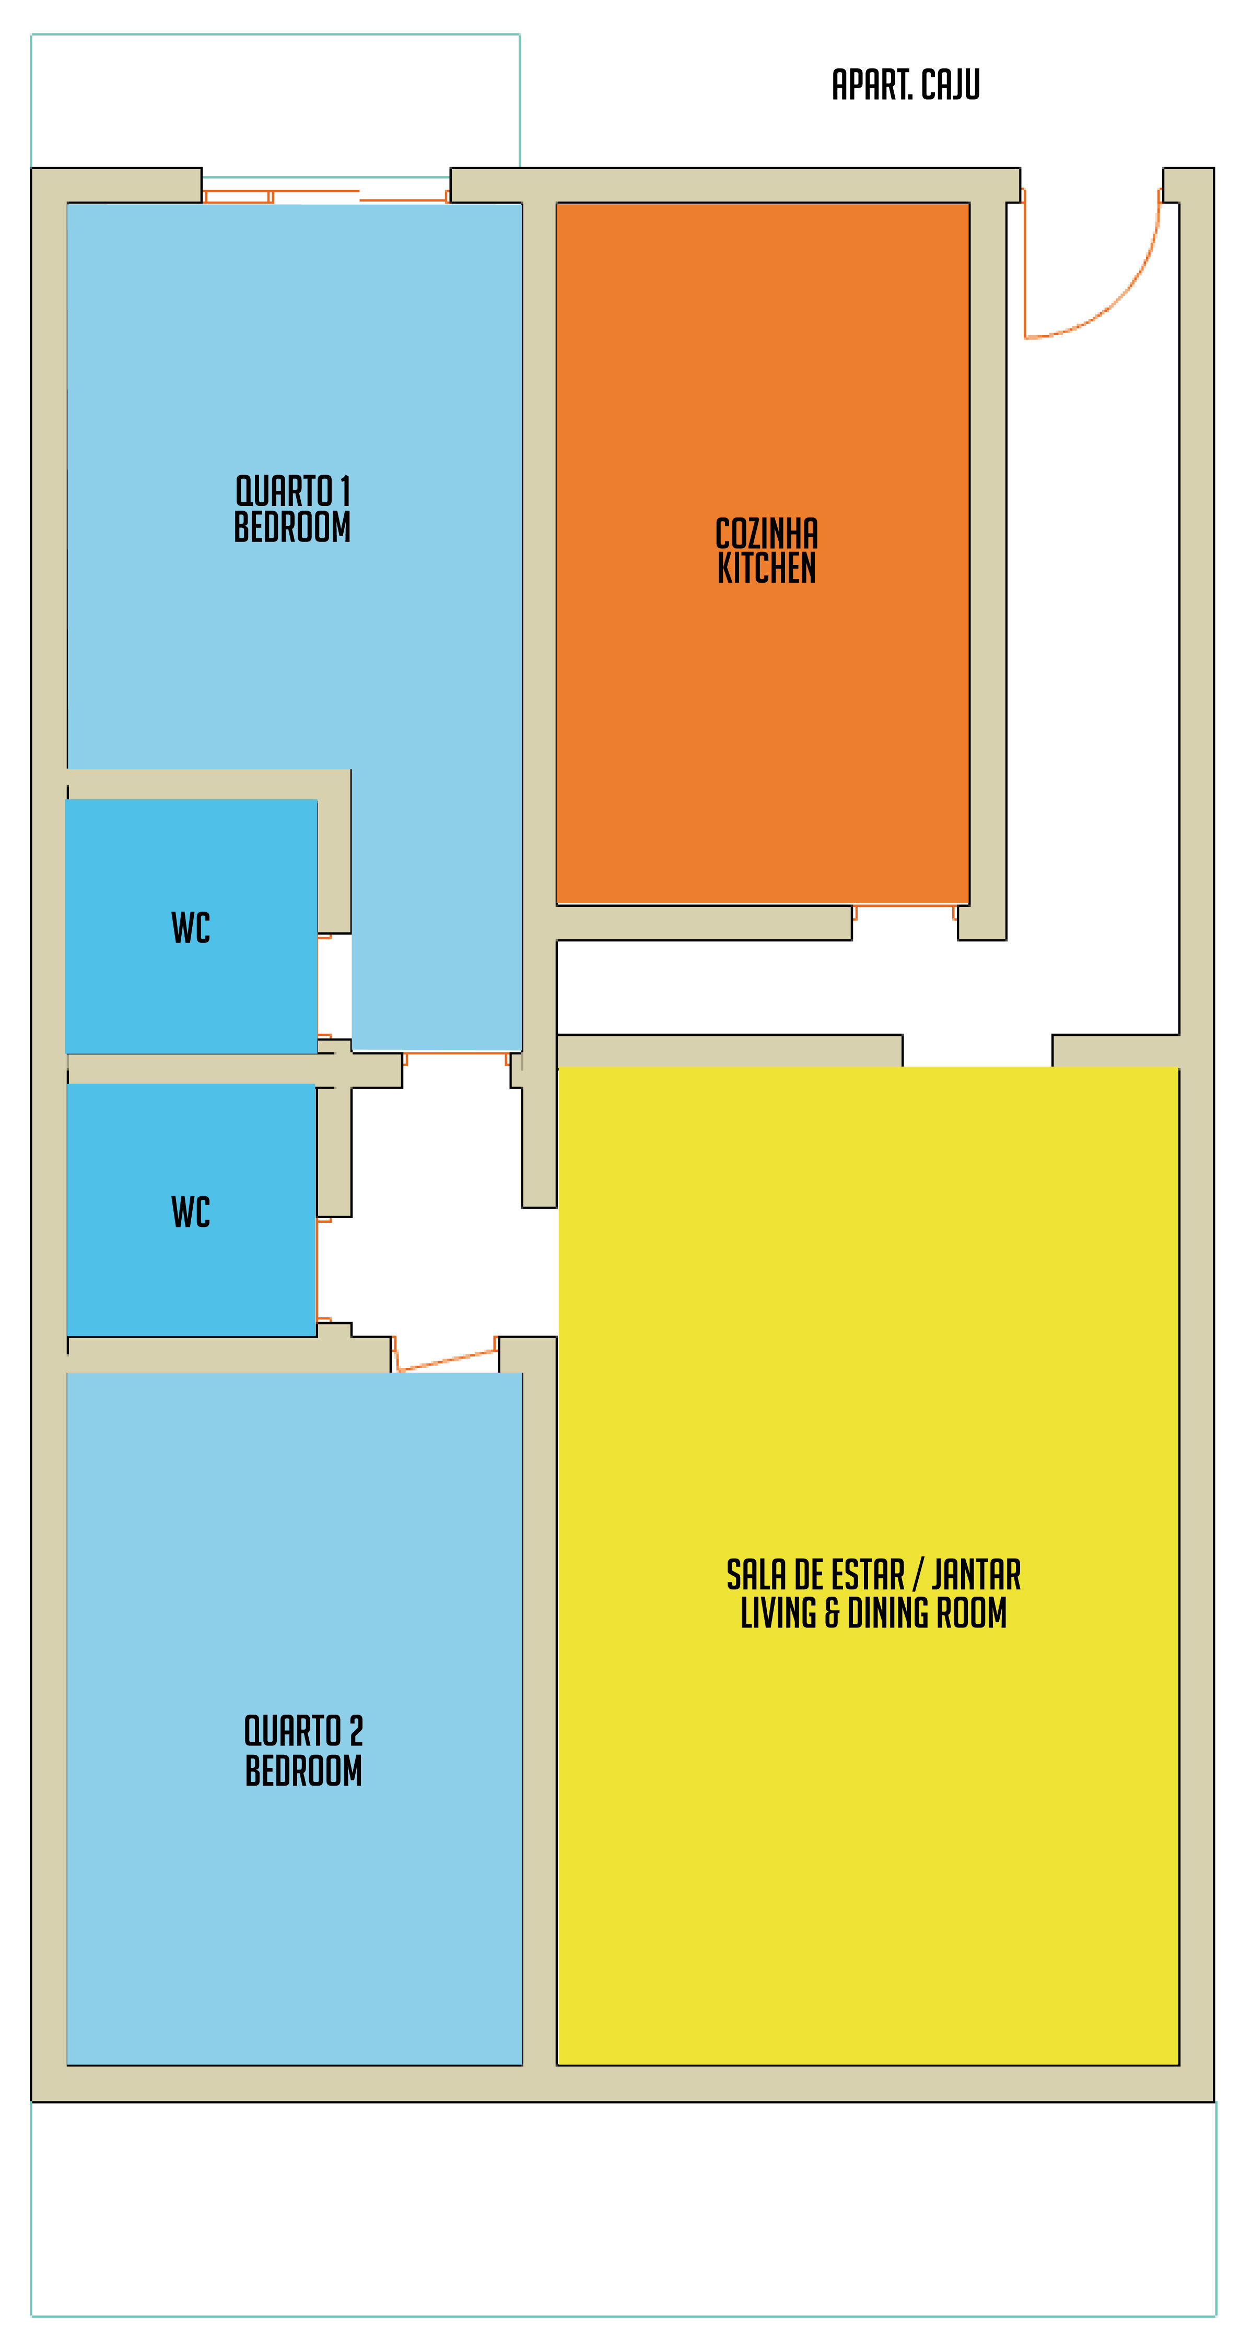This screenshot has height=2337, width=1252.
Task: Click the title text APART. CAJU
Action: (905, 85)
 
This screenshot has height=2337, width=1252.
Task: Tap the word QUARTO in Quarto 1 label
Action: (283, 492)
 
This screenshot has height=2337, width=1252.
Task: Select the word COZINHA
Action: (767, 534)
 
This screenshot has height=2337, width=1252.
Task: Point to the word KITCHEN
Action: (767, 568)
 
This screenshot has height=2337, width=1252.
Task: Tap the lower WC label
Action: (191, 1212)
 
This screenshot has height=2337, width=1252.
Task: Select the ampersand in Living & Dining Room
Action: (832, 1613)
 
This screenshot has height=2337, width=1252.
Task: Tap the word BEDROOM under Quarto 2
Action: (303, 1770)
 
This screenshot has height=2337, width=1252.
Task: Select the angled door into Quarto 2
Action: (447, 1359)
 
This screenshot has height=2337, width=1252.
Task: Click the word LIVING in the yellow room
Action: (778, 1613)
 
